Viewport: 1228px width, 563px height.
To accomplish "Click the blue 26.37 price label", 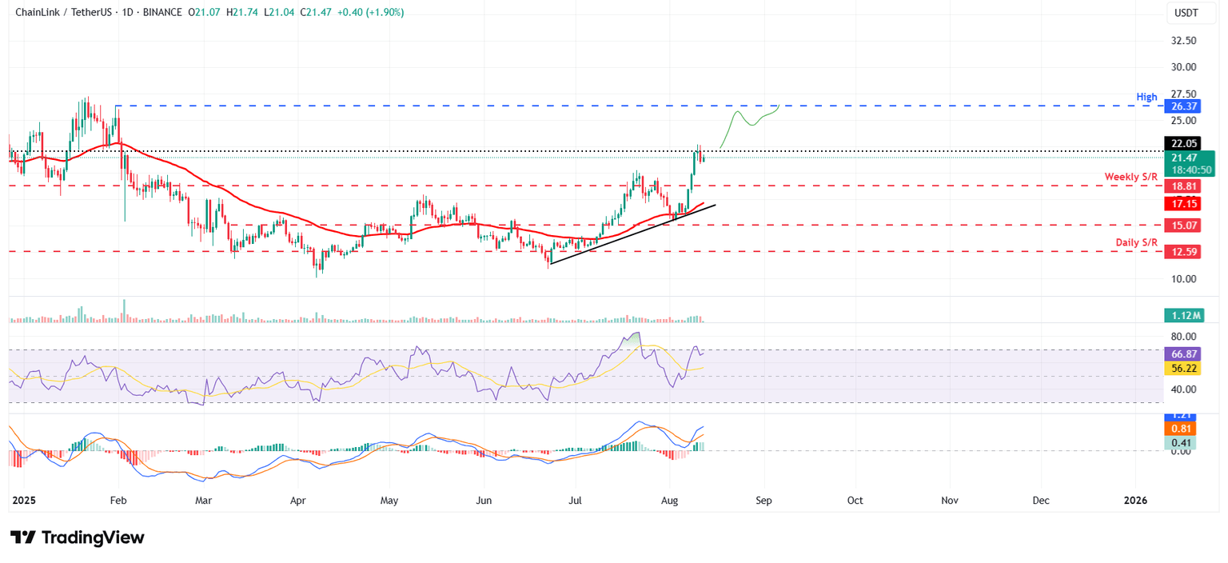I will (1183, 106).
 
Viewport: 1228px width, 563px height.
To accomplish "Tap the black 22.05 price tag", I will (1183, 144).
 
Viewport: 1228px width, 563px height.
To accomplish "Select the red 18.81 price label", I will (1183, 186).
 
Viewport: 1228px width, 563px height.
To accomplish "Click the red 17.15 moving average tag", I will (1183, 204).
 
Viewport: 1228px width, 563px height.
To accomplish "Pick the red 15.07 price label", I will (1183, 226).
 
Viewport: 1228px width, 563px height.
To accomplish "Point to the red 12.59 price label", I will (1183, 252).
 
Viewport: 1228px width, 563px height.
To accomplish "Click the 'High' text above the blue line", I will (1147, 97).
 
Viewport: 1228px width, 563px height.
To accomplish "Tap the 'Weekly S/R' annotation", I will (1131, 176).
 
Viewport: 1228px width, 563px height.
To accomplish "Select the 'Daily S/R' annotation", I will (1137, 242).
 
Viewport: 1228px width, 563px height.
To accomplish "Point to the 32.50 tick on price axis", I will (1183, 41).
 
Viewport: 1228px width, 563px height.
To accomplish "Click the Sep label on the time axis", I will (764, 501).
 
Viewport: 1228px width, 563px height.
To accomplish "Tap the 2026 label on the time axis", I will (1135, 501).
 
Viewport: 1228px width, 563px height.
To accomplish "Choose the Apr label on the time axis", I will (297, 501).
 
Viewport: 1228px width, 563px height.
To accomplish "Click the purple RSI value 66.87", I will (1183, 353).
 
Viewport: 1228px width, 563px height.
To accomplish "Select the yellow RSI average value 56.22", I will (1183, 369).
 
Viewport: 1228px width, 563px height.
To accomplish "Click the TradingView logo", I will (78, 537).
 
